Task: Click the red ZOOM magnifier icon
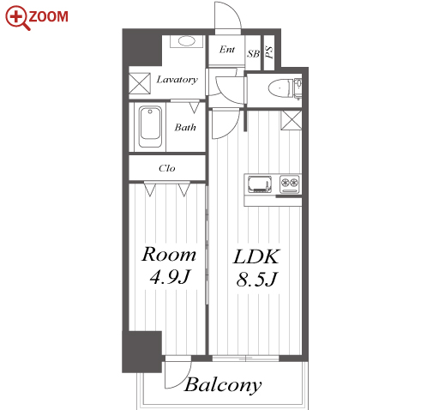pos(18,18)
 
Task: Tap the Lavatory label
pos(177,80)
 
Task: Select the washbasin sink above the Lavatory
pos(187,41)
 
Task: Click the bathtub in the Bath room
pos(150,127)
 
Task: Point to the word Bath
pos(185,127)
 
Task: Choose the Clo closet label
pos(167,168)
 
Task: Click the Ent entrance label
pos(227,50)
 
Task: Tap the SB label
pos(254,53)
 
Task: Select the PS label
pos(269,52)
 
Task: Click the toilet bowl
pos(280,87)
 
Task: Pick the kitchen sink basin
pos(260,184)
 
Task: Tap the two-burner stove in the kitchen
pos(289,183)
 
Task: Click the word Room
pos(169,254)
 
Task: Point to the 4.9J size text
pos(170,277)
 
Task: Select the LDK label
pos(256,256)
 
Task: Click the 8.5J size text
pos(256,279)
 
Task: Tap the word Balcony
pos(223,385)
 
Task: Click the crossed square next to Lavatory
pos(139,83)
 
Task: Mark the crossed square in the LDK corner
pos(292,120)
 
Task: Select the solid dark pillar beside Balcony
pos(142,352)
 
